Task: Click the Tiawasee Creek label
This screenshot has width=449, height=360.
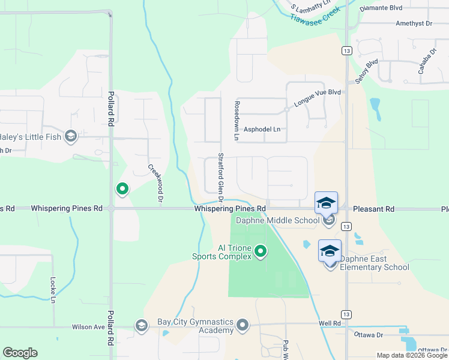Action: click(315, 15)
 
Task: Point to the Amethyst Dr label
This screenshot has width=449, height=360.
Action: click(414, 23)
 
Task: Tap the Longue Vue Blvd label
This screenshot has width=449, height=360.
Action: click(317, 98)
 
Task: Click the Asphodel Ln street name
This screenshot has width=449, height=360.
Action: click(261, 129)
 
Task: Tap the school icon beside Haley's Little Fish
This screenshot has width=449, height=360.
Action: click(71, 137)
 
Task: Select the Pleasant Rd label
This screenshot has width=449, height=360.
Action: click(373, 209)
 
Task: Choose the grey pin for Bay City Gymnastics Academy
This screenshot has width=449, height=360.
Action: click(243, 325)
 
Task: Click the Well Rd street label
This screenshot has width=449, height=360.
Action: click(330, 323)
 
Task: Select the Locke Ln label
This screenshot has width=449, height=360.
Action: click(53, 290)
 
